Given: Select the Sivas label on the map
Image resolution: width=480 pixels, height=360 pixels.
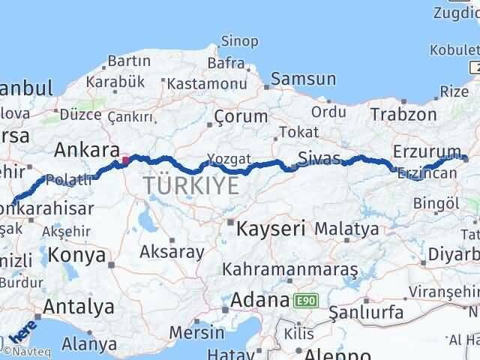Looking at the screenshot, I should point(319,158).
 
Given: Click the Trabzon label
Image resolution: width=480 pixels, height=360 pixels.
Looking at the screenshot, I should point(403,114).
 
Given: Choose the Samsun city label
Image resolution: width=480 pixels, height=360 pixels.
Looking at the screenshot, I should point(303,78).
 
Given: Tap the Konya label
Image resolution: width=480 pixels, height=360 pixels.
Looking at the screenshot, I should point(76,255).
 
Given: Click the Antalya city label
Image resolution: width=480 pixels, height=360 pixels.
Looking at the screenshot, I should point(79,306).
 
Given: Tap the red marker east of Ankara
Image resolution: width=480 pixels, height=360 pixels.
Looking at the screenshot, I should point(126,159).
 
